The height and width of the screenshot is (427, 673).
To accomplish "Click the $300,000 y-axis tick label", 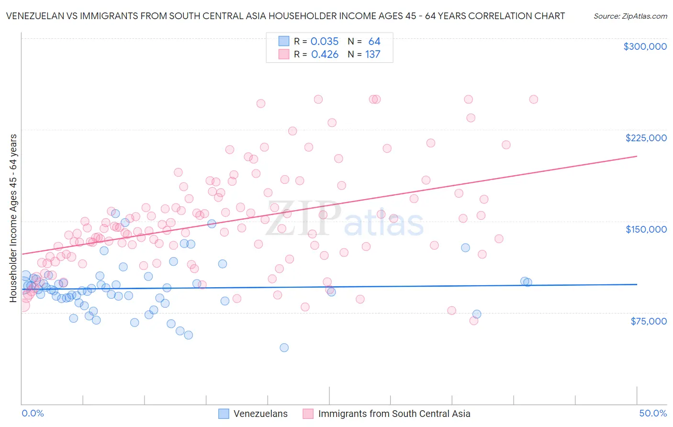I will [645, 46].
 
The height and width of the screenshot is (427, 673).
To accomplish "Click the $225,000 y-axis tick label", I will [646, 138].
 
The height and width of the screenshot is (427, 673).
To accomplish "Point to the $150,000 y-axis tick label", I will [646, 229].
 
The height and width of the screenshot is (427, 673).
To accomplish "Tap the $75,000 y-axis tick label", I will [648, 321].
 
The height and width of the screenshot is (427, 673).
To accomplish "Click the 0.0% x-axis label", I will [33, 413].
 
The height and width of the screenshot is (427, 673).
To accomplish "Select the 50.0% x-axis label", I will [653, 413].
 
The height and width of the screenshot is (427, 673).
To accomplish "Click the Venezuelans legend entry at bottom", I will [260, 414].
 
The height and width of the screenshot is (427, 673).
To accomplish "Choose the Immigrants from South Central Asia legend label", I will [393, 414].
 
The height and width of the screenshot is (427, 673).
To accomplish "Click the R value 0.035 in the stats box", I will [325, 42].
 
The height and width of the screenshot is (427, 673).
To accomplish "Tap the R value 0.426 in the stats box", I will [325, 55].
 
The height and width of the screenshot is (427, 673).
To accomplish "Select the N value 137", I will [372, 55].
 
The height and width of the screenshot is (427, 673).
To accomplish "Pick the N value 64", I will [374, 42].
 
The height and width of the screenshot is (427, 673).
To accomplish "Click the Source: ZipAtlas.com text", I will [630, 16].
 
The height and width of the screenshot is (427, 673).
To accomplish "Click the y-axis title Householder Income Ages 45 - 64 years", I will [13, 218].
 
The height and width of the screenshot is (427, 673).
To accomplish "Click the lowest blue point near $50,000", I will [284, 348].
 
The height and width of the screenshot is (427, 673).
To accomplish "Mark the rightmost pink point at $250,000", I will [533, 99].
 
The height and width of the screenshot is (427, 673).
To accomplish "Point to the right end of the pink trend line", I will [637, 156].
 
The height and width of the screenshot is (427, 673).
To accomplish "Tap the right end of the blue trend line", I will [637, 284].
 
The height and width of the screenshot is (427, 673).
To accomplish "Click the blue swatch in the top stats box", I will [284, 41].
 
